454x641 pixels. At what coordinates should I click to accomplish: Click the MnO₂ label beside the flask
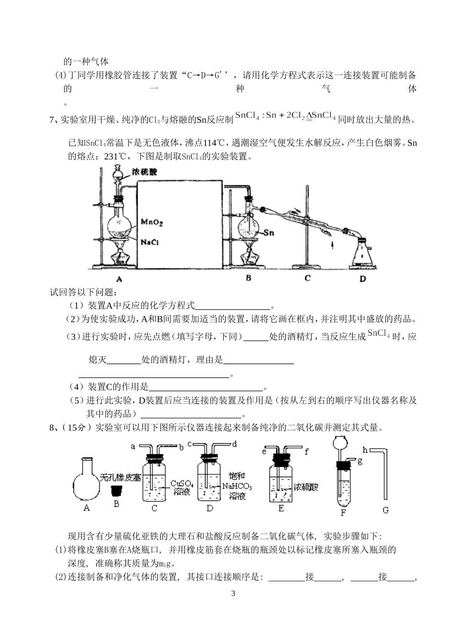(152, 222)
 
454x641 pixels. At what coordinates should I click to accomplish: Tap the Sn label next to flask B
(269, 233)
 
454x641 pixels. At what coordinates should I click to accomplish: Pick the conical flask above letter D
(363, 253)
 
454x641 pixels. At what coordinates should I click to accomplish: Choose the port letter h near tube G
(365, 449)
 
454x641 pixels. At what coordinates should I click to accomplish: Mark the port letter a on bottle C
(133, 447)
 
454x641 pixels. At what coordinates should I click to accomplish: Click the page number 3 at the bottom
(233, 594)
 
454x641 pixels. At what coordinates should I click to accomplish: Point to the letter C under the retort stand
(308, 278)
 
